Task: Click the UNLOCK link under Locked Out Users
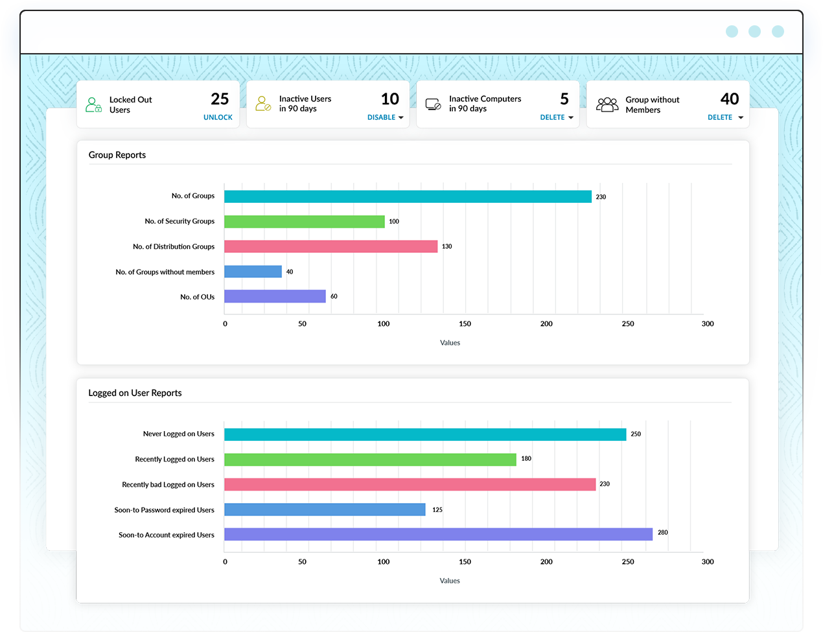[x=218, y=117]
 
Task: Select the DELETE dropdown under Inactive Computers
[x=556, y=117]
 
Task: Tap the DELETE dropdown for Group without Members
[x=724, y=117]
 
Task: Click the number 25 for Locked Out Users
[x=220, y=99]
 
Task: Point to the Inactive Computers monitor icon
[x=433, y=104]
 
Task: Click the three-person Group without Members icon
[x=607, y=104]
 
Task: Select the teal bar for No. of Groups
[x=408, y=196]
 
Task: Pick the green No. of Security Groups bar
[x=304, y=222]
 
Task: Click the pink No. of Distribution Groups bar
[x=330, y=246]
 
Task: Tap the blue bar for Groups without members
[x=253, y=272]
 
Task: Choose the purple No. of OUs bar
[x=275, y=296]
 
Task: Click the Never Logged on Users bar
[x=425, y=434]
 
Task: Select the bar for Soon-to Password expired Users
[x=325, y=509]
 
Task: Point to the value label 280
[x=662, y=533]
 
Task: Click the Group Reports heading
[x=117, y=155]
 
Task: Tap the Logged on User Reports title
[x=135, y=393]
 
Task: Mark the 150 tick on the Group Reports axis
[x=465, y=323]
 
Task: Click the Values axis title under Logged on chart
[x=450, y=581]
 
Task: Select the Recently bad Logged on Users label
[x=168, y=485]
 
